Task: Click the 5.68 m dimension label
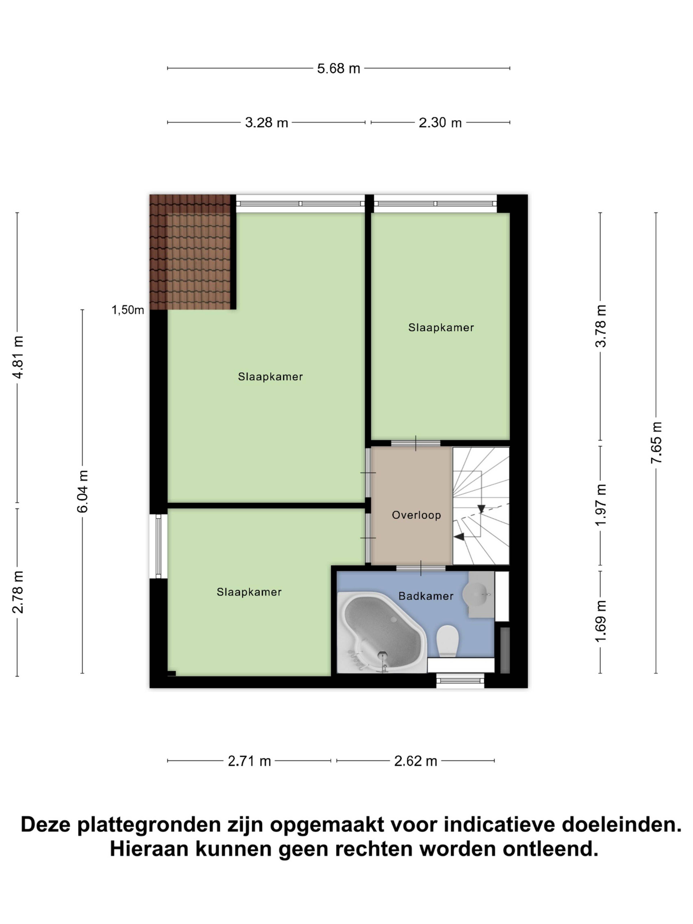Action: [338, 68]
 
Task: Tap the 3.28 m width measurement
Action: [267, 122]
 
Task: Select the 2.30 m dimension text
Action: [440, 122]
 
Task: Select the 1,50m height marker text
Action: [127, 310]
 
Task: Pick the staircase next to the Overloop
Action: [481, 506]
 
